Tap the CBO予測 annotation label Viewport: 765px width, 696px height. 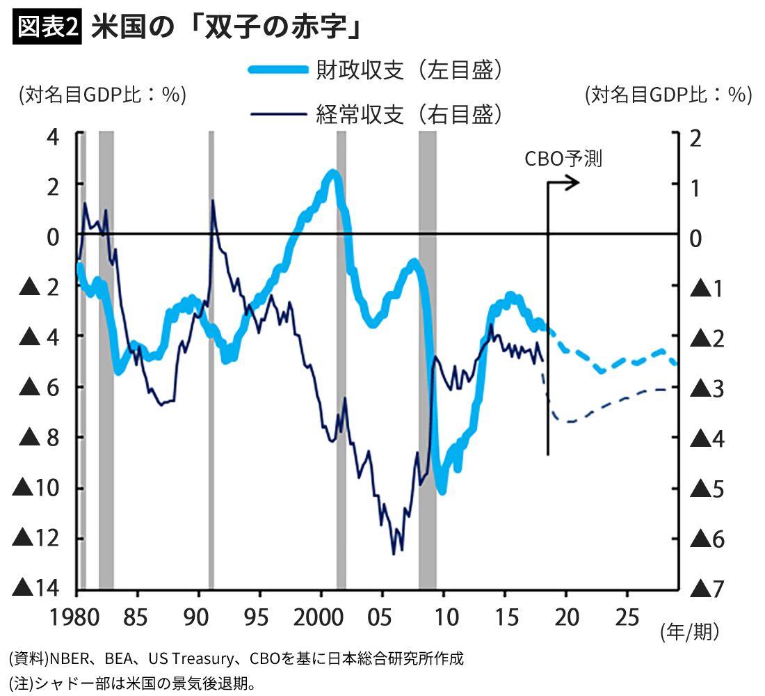point(563,159)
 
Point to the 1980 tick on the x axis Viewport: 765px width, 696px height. point(76,617)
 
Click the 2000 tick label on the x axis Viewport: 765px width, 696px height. point(321,617)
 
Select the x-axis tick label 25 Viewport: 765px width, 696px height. point(627,617)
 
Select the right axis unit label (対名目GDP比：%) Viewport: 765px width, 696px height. point(668,94)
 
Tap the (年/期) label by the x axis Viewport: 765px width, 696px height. point(688,632)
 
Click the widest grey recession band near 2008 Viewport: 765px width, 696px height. point(427,362)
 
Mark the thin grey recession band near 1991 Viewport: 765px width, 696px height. point(211,362)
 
